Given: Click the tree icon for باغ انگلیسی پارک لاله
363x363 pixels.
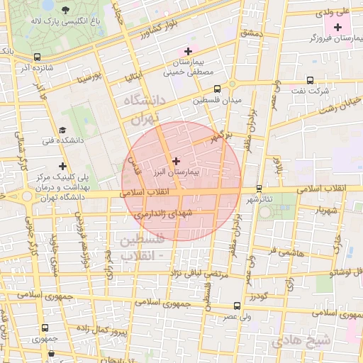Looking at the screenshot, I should point(66,10).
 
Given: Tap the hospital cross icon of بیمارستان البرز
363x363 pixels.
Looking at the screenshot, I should point(176,162).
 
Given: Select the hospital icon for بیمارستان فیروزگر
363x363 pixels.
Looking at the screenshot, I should point(337,26).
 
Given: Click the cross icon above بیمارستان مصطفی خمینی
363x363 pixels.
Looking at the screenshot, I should point(187,51).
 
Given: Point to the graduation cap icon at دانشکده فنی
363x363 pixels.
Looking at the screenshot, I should point(62,130).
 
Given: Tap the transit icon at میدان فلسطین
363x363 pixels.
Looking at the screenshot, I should point(217,89).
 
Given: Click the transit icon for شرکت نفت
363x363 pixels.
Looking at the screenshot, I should point(310,80).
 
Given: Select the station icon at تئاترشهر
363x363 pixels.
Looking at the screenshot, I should point(259,189).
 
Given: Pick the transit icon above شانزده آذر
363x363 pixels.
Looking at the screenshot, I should point(37,57).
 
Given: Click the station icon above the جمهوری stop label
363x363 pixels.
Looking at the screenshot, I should point(45,328).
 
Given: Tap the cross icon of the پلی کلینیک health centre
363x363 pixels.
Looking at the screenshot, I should point(63,166).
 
